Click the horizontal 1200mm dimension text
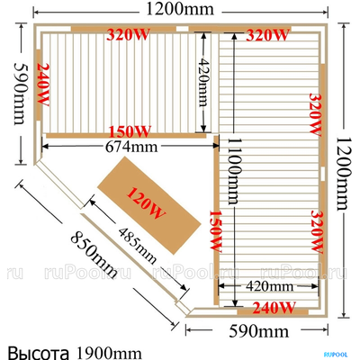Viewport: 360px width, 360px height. click(180, 10)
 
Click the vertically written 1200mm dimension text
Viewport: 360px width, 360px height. click(344, 174)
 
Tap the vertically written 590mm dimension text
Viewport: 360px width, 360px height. click(20, 94)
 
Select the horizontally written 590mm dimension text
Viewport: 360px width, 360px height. click(259, 331)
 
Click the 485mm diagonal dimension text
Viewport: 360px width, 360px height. click(138, 246)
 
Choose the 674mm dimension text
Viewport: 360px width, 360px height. click(131, 147)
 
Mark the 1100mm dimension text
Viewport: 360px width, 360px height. click(234, 171)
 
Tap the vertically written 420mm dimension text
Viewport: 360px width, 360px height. click(203, 83)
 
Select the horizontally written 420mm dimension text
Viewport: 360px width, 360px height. click(269, 286)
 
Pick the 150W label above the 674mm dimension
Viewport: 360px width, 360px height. click(130, 131)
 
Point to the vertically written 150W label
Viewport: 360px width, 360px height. click(215, 230)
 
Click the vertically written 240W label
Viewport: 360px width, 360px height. click(43, 85)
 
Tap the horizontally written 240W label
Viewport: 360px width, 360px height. click(274, 308)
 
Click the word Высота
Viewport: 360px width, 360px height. click(38, 353)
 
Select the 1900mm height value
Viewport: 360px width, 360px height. click(109, 353)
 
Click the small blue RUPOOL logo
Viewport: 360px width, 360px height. click(336, 355)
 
